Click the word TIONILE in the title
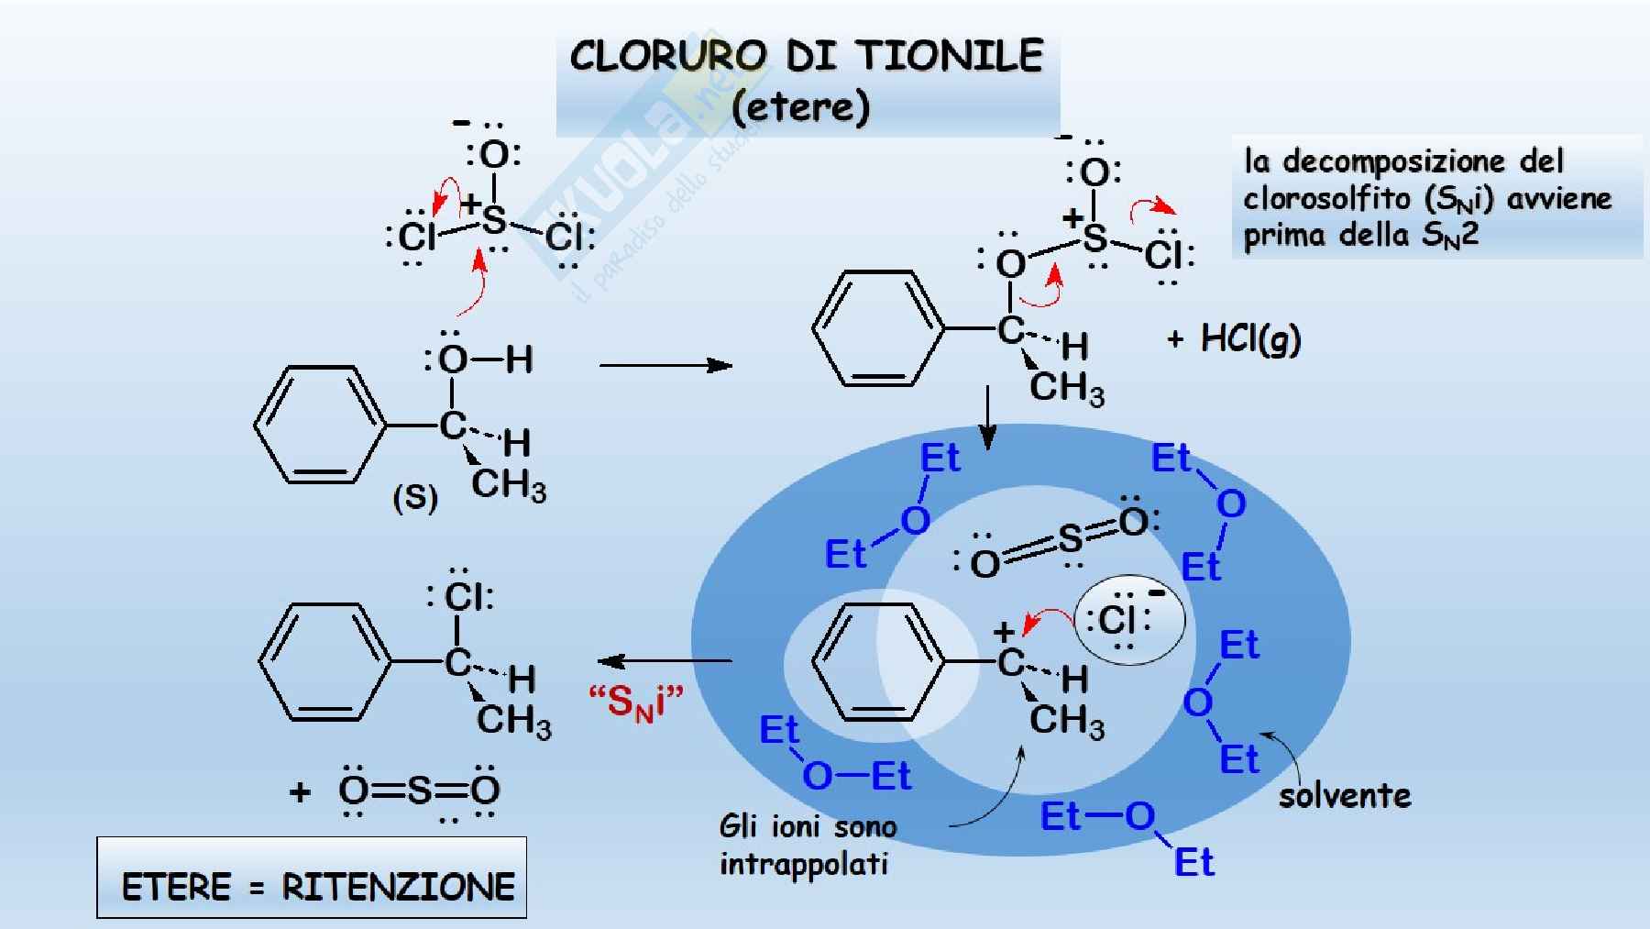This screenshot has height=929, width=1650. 950,56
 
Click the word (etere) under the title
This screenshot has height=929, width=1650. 800,107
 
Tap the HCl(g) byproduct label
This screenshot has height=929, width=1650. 1250,339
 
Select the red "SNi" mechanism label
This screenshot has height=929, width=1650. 635,702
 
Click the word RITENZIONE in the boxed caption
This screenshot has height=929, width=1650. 398,887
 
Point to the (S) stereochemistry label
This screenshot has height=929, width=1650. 414,498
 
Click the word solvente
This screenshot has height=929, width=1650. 1345,795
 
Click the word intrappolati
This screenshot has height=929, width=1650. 803,864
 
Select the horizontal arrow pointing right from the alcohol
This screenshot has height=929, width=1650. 665,365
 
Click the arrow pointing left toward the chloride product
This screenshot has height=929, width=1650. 665,660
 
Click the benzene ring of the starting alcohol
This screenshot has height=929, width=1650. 318,425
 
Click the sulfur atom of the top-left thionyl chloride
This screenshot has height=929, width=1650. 494,220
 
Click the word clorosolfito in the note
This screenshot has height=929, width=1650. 1326,198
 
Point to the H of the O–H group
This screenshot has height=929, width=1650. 519,359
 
